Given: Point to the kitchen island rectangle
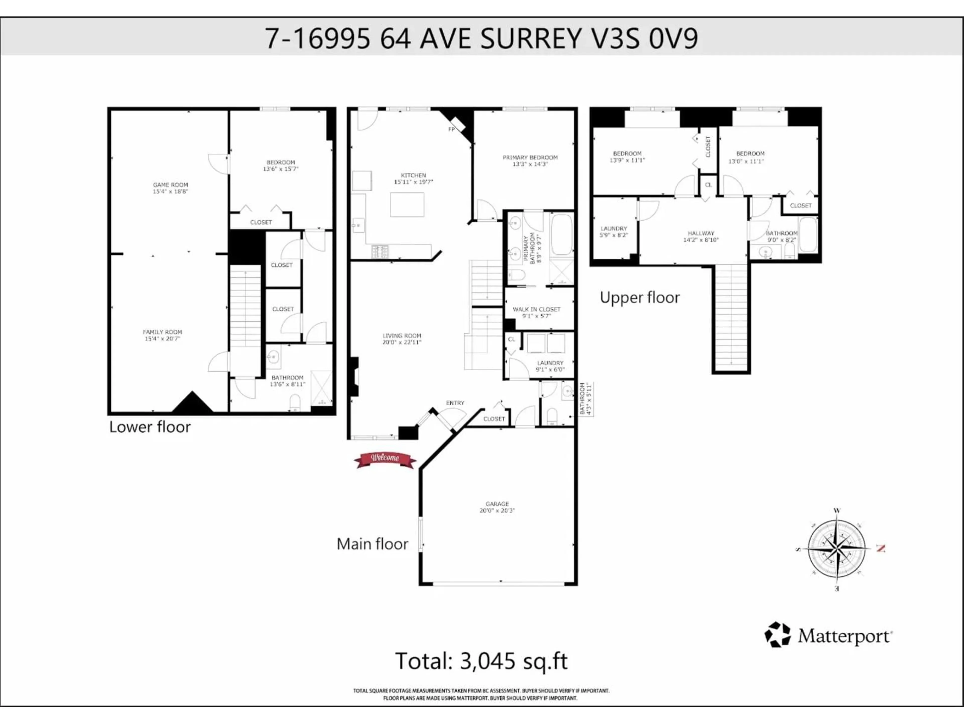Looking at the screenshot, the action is (x=407, y=204).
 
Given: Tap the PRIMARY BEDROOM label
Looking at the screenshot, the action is (x=530, y=158).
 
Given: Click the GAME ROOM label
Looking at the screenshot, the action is (x=170, y=185).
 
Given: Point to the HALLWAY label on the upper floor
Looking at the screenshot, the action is (x=701, y=233).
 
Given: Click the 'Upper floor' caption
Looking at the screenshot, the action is (x=640, y=298).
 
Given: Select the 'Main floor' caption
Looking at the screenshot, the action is (x=373, y=544).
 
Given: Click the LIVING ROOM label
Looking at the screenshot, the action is (x=402, y=336).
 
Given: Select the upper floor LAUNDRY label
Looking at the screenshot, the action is (x=614, y=228).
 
